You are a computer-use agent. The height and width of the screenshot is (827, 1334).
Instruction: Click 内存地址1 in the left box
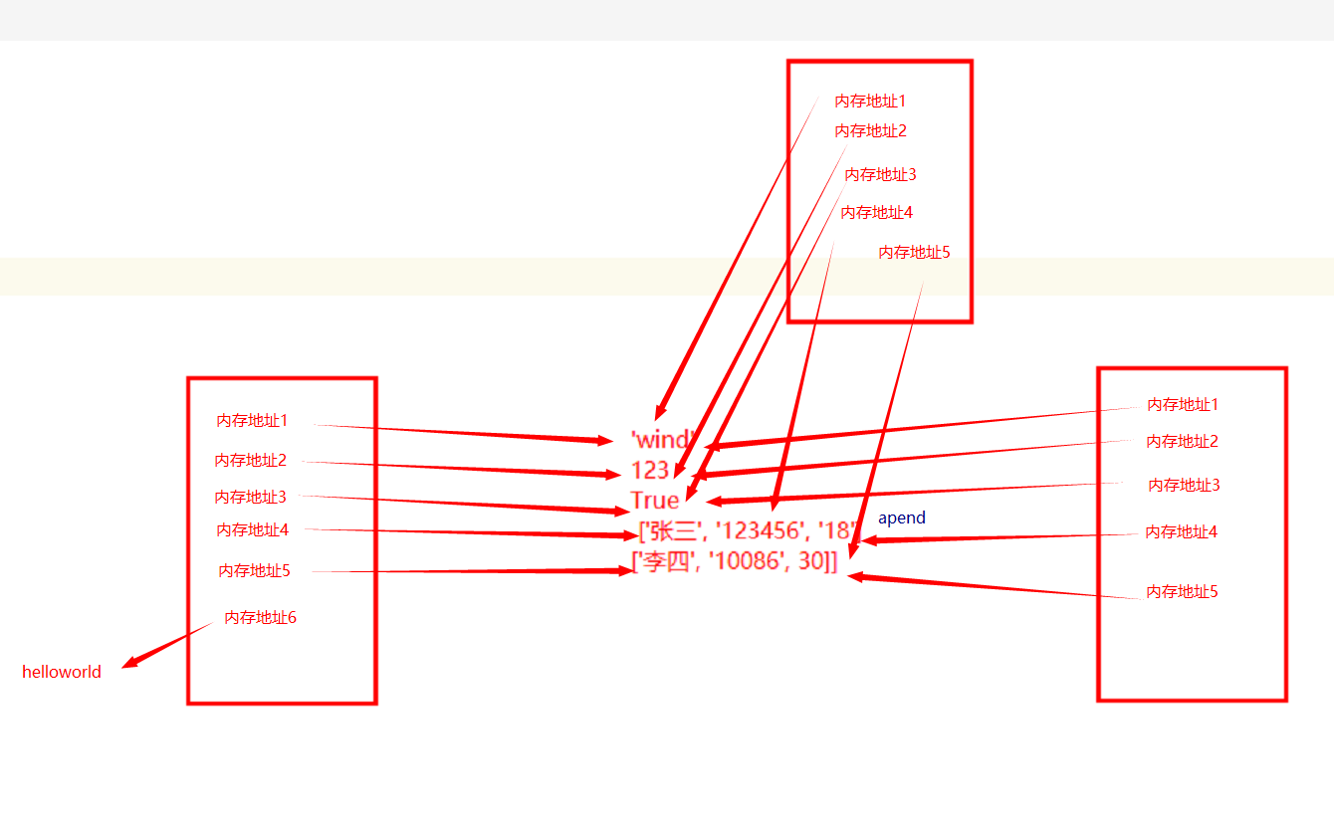(x=252, y=421)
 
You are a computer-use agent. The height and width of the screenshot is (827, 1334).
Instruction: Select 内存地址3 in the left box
(x=250, y=497)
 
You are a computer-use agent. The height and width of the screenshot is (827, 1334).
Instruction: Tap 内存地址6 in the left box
(x=260, y=618)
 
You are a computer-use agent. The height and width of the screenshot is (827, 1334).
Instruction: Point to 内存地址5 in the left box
(x=254, y=571)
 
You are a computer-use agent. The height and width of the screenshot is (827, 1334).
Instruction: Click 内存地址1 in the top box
(x=870, y=101)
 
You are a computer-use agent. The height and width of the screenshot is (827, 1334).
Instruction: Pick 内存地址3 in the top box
(x=880, y=175)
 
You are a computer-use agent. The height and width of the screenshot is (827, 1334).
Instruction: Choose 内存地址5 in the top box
(x=914, y=253)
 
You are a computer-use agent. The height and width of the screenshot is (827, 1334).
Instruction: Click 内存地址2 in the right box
(x=1182, y=442)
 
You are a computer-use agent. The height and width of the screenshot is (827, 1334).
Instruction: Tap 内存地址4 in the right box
(x=1181, y=532)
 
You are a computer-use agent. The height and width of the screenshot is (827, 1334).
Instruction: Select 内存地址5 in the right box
(x=1182, y=592)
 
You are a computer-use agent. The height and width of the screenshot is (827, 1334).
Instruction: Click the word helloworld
(x=62, y=672)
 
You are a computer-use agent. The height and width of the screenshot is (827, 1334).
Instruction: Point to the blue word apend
(x=902, y=518)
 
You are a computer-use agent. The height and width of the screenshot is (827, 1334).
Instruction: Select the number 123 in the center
(x=650, y=470)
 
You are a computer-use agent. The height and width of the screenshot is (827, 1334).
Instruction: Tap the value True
(x=655, y=500)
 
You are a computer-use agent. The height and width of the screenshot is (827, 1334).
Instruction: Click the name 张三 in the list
(x=674, y=531)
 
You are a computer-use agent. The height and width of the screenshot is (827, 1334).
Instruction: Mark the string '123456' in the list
(x=762, y=531)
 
